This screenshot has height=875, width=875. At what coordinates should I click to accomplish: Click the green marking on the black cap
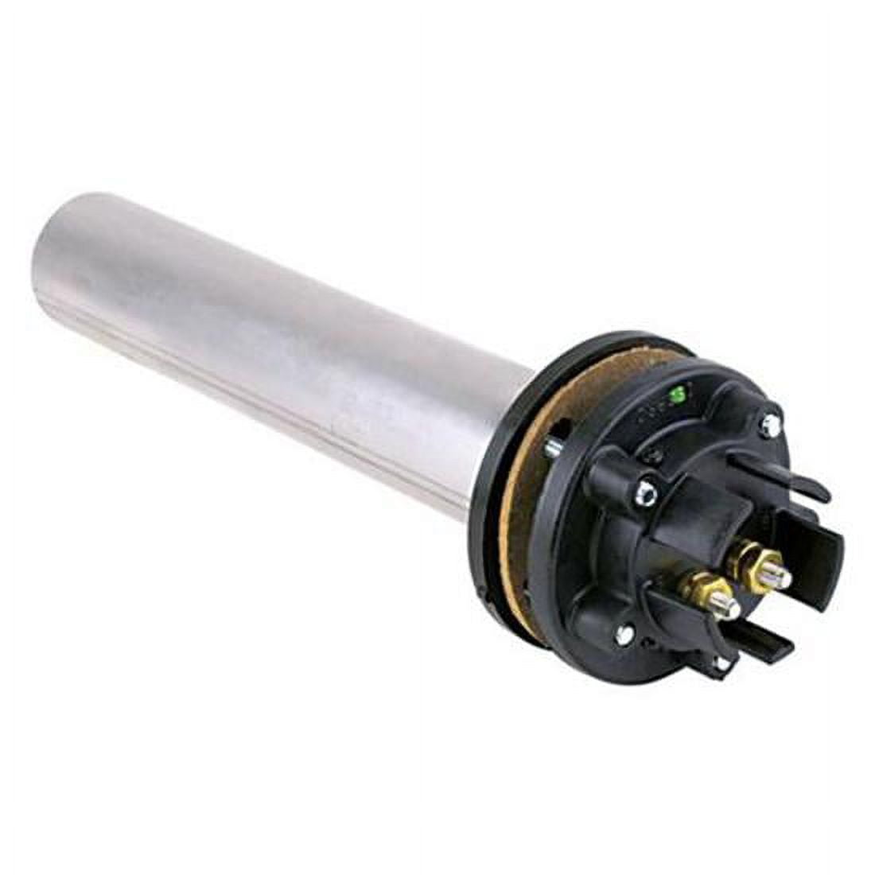[678, 392]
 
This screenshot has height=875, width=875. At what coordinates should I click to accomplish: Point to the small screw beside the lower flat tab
[721, 662]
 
